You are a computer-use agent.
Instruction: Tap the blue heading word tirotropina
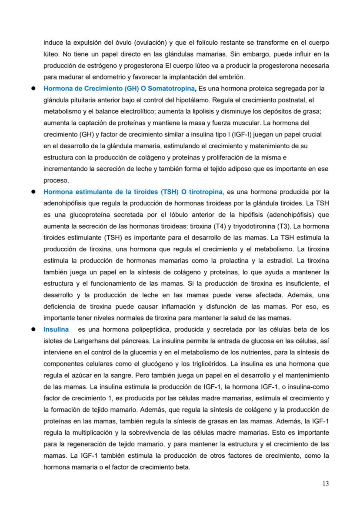(203, 191)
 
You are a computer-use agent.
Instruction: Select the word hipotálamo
(176, 100)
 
